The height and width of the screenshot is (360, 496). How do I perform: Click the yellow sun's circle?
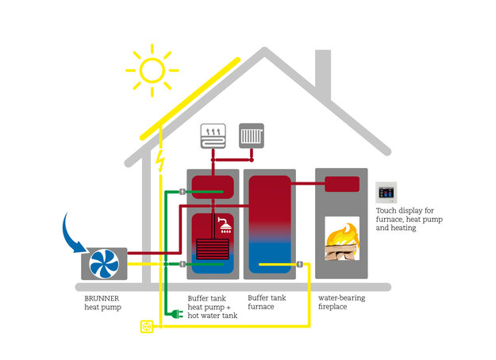pos(152,59)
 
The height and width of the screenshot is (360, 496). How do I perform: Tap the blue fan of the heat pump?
pos(104,264)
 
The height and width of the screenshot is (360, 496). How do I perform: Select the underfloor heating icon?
pos(213,136)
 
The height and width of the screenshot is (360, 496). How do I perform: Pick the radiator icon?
pos(252,136)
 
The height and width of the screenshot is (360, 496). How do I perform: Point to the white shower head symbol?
pos(225,224)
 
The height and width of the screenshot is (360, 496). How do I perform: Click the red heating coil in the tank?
pos(212,249)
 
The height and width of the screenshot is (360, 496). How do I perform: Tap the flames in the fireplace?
pos(342,235)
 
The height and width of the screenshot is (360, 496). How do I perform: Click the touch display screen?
pos(386,193)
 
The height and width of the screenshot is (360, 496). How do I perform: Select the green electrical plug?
pos(177,314)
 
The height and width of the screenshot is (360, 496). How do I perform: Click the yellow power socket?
pos(147,327)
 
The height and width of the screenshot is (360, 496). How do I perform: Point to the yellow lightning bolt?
pos(160,160)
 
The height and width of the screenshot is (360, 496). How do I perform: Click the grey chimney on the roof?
pos(323,75)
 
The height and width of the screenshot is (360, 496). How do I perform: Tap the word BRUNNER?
pos(102,298)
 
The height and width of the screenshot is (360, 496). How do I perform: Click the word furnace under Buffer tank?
pos(261,307)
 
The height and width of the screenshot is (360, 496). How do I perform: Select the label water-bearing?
pos(341,298)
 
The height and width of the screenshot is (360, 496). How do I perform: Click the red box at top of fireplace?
pos(342,184)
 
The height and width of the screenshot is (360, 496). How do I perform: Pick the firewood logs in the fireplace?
pos(341,252)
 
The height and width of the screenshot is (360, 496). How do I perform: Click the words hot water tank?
pos(213,316)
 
